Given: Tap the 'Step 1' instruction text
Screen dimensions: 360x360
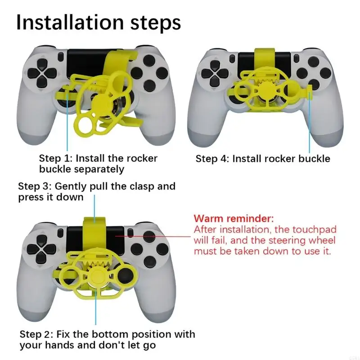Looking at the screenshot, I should (x=98, y=164).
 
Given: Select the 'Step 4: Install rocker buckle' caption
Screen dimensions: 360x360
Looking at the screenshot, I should (x=263, y=159).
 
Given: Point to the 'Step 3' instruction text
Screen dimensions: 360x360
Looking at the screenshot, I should (x=96, y=191).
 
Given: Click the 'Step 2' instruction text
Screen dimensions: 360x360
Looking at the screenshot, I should (x=107, y=340).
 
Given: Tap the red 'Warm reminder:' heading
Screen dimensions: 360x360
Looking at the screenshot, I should (x=233, y=219).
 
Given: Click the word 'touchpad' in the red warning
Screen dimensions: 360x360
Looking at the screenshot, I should (x=317, y=229).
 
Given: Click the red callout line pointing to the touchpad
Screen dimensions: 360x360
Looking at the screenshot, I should (x=153, y=235).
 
